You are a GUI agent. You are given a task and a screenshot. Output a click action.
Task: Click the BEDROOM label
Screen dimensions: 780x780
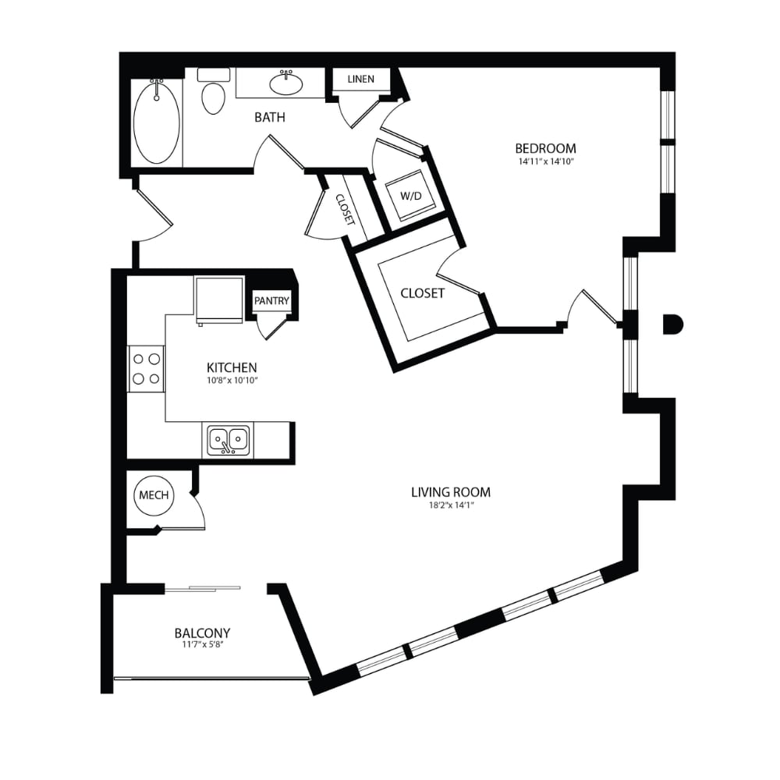(545, 148)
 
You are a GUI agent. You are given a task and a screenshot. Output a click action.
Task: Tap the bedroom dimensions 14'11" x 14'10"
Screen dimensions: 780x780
(545, 162)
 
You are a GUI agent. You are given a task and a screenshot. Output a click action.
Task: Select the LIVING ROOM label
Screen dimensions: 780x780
(451, 491)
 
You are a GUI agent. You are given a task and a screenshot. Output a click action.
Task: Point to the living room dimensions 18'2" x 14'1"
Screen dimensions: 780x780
(451, 505)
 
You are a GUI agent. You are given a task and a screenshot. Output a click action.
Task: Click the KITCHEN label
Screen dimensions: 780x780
(232, 367)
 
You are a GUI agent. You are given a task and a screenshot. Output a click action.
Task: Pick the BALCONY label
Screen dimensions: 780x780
(202, 633)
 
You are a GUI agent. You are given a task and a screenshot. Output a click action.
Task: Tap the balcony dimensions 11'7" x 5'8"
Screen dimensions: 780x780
(202, 646)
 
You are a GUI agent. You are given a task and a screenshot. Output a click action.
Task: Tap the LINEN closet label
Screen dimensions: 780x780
(360, 79)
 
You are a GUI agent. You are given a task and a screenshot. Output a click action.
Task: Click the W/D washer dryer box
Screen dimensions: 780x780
(410, 195)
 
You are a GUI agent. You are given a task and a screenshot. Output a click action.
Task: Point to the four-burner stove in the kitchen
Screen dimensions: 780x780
(147, 369)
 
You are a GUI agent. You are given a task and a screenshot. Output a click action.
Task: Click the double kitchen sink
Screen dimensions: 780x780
(228, 441)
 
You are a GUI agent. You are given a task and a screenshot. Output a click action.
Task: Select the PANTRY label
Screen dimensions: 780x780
(271, 301)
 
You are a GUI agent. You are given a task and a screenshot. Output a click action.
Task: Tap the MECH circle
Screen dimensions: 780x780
(153, 495)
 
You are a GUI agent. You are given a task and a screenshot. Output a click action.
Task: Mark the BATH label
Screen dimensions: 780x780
(270, 118)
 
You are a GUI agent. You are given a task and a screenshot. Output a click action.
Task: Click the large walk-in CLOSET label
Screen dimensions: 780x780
(422, 293)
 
